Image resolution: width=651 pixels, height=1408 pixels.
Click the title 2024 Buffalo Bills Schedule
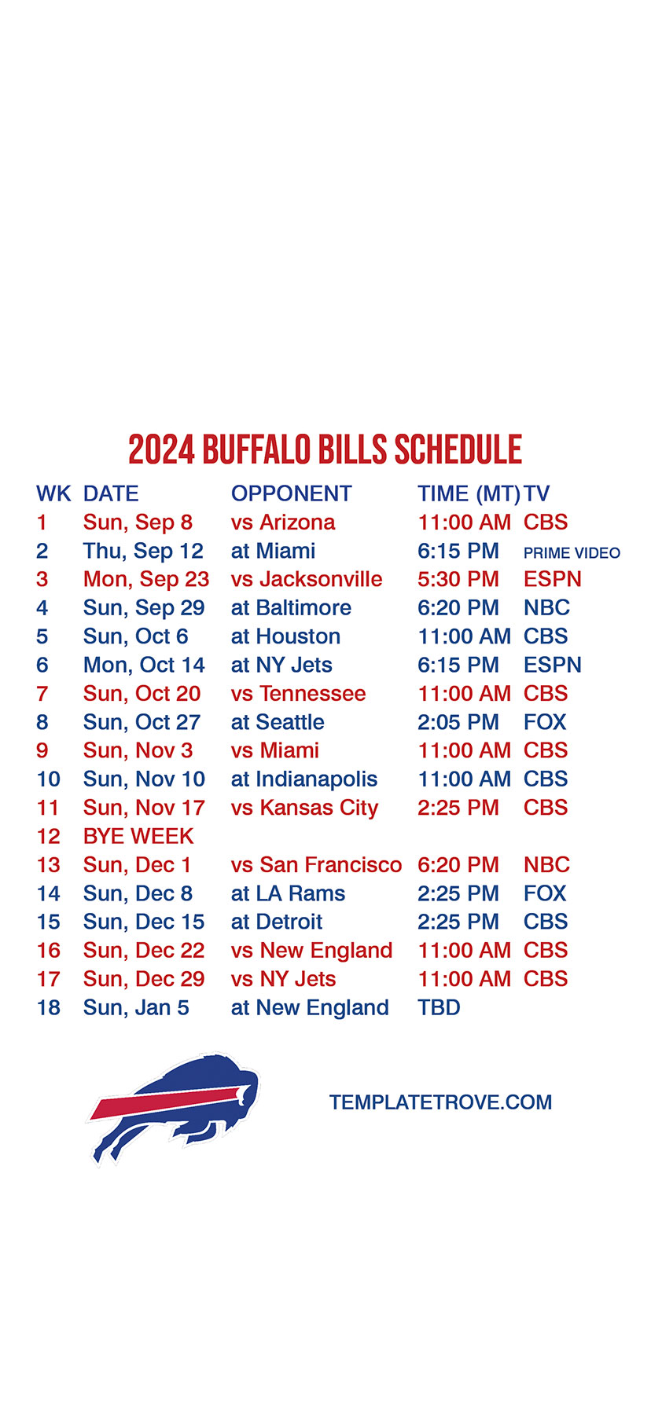point(325,449)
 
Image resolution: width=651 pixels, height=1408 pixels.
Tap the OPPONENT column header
point(291,493)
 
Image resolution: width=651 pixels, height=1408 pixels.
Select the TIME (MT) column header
point(469,494)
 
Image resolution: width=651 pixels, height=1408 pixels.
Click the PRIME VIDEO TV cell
point(572,553)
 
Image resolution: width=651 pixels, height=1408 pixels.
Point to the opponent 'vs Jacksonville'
point(307,579)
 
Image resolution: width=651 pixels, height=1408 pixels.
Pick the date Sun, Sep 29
point(144,608)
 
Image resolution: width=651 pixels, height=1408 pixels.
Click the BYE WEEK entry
point(138,836)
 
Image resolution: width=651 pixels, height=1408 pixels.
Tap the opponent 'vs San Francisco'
point(316,864)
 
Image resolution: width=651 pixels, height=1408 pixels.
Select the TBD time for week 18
point(439,1007)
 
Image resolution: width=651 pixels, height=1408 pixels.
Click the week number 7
point(42,694)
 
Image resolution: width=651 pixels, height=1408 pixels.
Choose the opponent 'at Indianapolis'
point(304,779)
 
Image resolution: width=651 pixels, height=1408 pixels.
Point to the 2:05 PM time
point(458,722)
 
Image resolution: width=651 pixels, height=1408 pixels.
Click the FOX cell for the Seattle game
point(545,722)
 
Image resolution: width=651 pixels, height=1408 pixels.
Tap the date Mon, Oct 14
point(144,665)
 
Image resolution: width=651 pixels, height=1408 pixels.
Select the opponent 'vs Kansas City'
point(305,808)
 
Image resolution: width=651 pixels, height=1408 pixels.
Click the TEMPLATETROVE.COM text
point(440,1102)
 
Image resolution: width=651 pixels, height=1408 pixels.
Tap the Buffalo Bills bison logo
point(173,1108)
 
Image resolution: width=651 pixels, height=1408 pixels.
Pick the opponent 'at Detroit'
point(277,922)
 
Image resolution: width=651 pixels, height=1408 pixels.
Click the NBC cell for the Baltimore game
point(546,608)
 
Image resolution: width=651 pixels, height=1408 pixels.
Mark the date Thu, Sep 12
point(143,552)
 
